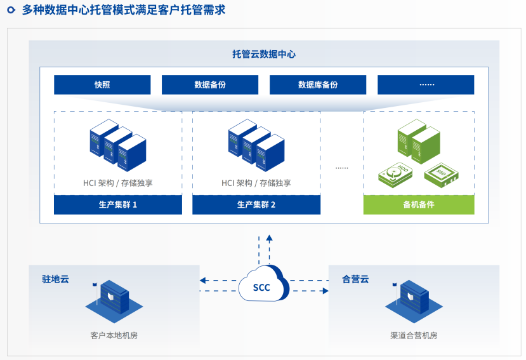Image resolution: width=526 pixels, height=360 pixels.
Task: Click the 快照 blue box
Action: [x=102, y=84]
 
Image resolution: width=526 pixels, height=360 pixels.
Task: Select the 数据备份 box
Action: [x=210, y=84]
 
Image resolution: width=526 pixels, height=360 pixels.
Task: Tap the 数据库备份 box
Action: [x=318, y=84]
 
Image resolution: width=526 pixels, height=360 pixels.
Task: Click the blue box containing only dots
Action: [x=426, y=84]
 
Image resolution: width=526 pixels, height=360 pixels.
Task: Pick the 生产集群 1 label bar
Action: [x=118, y=204]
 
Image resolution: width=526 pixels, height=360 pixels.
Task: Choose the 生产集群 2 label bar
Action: [x=256, y=204]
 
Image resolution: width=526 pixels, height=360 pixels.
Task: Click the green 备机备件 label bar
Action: [x=419, y=204]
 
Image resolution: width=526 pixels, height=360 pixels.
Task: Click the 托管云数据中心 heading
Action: [x=263, y=55]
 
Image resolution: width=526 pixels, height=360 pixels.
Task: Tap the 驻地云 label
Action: [x=55, y=279]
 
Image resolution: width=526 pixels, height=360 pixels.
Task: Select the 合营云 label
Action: [x=355, y=279]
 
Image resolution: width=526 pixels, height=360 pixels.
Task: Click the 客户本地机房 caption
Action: [x=114, y=335]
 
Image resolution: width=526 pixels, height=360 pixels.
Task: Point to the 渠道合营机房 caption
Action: [x=414, y=335]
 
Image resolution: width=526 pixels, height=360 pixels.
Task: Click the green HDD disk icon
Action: [x=397, y=173]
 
